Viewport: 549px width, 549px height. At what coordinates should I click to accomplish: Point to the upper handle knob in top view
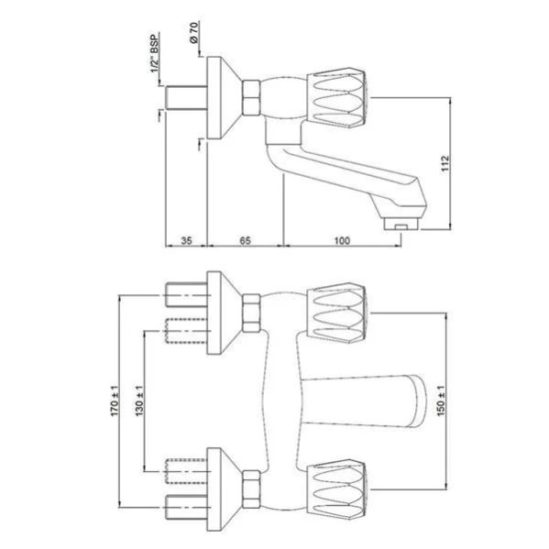pos(339,313)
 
